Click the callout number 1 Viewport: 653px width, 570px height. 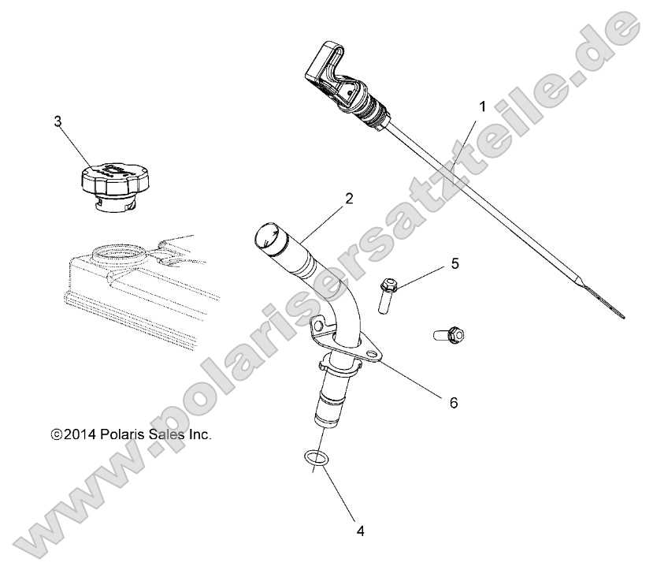tap(482, 105)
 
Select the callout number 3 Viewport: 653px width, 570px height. tap(58, 121)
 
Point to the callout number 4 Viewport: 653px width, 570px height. tap(360, 531)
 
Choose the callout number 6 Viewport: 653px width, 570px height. tap(453, 401)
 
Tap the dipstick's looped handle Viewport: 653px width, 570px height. tap(326, 70)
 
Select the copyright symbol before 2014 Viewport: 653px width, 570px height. tap(55, 434)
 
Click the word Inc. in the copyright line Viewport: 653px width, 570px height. tap(200, 434)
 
